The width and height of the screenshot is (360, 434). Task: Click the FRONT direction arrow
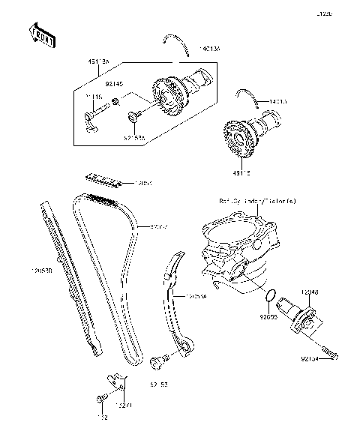point(42,35)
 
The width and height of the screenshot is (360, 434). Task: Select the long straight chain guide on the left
point(69,277)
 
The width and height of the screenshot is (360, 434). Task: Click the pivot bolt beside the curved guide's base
point(158,363)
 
